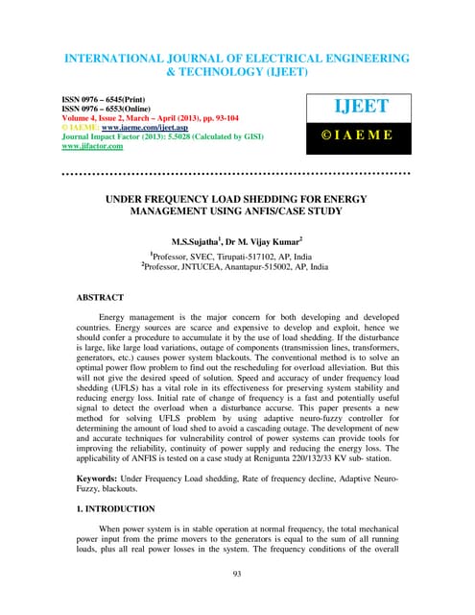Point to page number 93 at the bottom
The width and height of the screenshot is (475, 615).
coord(237,574)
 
